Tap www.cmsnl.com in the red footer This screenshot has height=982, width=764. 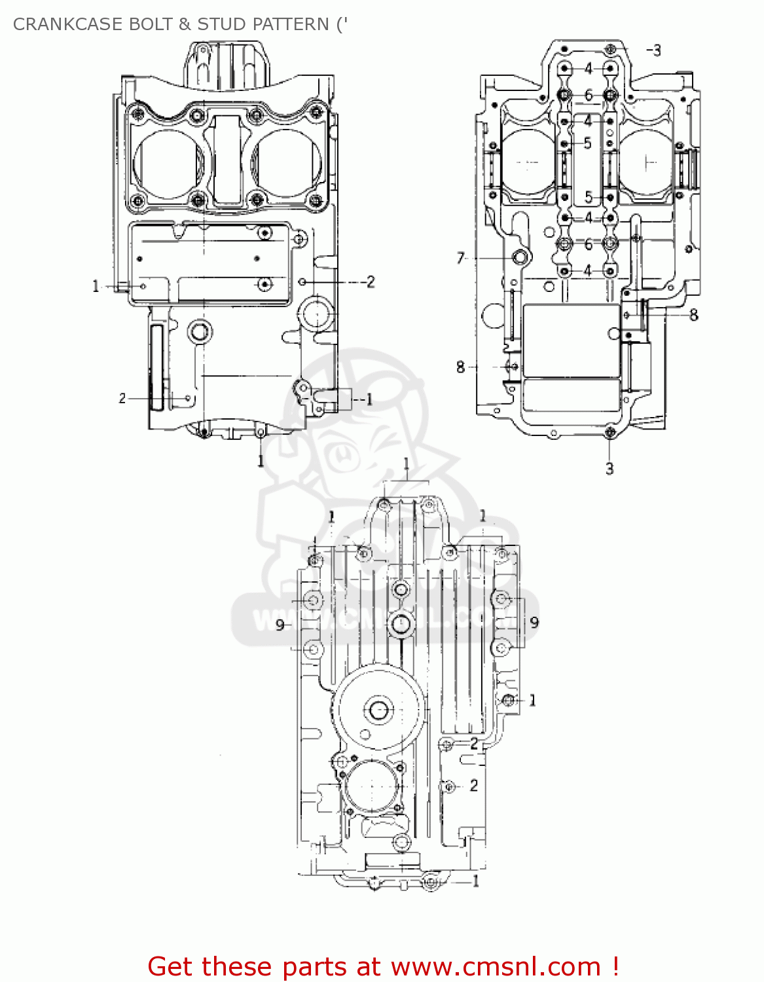496,966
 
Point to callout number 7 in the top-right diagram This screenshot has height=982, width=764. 460,259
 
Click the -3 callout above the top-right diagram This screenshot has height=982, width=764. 654,50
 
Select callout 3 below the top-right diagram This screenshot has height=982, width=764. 609,469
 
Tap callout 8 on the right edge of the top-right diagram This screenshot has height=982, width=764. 693,316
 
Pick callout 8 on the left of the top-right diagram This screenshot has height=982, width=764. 460,367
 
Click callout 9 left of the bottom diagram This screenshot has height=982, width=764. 280,625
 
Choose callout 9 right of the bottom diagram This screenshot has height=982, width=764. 534,622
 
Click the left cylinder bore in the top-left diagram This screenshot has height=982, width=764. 168,164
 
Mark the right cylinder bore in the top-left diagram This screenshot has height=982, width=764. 286,164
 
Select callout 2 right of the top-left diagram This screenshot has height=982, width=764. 371,282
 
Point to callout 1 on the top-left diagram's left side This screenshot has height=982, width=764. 96,286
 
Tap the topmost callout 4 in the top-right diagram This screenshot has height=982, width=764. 588,68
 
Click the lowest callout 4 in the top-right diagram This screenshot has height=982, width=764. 588,270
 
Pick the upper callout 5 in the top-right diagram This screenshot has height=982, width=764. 587,143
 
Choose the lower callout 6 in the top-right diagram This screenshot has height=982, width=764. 588,244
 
